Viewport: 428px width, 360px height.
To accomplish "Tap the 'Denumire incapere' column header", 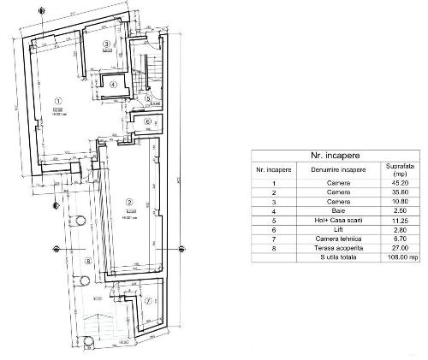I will coord(335,170).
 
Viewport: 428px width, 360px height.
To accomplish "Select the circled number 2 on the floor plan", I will coord(128,203).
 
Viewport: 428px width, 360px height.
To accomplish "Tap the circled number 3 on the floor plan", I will coord(106,44).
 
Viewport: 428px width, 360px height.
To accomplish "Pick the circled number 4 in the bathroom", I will coord(111,82).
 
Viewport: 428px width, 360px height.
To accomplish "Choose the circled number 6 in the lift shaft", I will coord(147,121).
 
